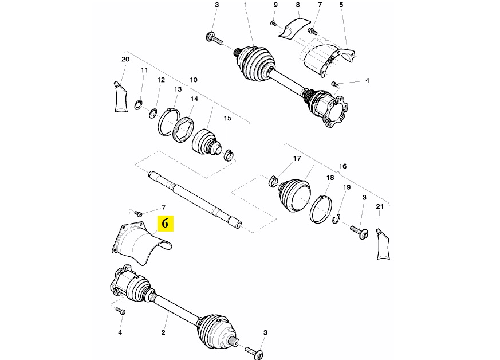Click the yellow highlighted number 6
pos(165,223)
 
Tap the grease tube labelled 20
pos(120,97)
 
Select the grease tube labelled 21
pos(383,244)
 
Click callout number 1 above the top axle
pos(246,5)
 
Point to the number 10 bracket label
pos(194,80)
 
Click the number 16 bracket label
pos(342,166)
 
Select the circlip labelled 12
pos(152,113)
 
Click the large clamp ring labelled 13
pos(169,122)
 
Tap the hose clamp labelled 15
pos(229,155)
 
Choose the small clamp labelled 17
pos(274,181)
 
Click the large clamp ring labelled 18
pos(321,209)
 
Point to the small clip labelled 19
pos(336,219)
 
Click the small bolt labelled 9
pos(273,23)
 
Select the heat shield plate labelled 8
pos(294,29)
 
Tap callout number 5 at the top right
pos(341,5)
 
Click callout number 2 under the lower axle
pos(163,332)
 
